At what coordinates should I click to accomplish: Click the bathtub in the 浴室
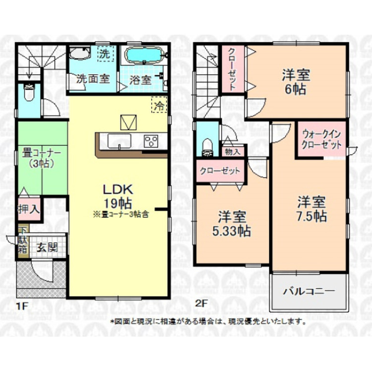point(144,56)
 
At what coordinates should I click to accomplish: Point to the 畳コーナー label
point(42,153)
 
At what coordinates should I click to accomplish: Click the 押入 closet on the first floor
point(29,209)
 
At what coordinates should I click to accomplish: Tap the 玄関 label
point(48,248)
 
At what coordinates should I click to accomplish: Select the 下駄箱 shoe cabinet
point(23,241)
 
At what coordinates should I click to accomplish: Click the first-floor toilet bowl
point(29,92)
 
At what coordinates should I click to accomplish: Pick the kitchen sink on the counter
point(120,141)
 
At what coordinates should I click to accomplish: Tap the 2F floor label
point(201,303)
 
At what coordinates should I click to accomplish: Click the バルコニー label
point(309,291)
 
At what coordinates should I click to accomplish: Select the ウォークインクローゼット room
point(322,139)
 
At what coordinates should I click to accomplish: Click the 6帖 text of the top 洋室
point(296,90)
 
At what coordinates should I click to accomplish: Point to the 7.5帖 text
point(312,216)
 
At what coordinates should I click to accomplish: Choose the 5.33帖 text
point(231,231)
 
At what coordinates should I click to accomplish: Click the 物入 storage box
point(233,151)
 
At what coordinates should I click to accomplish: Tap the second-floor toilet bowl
point(208,148)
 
